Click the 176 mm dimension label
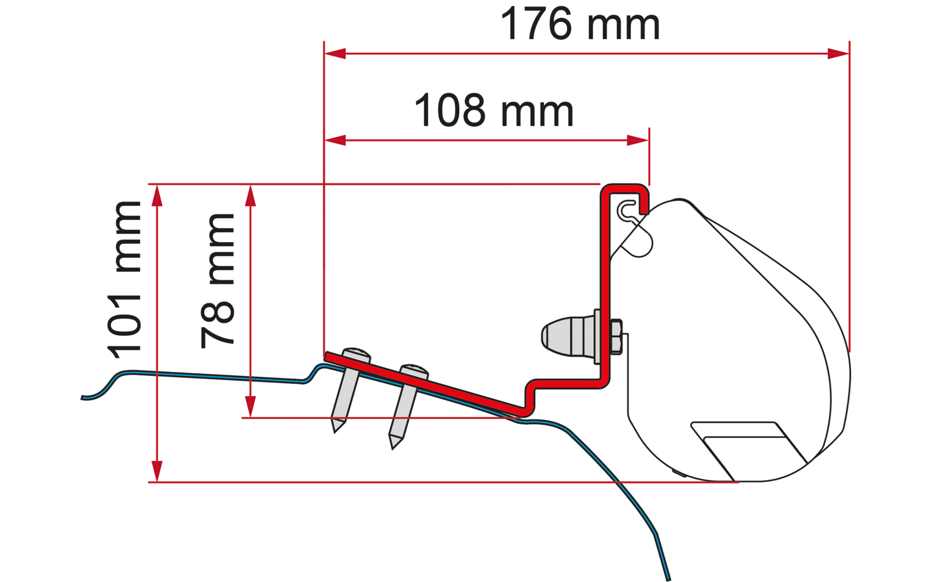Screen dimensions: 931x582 (x=580, y=24)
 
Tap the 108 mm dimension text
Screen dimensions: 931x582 (x=494, y=111)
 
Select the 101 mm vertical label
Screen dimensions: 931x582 (x=125, y=280)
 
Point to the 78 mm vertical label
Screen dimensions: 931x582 (x=218, y=281)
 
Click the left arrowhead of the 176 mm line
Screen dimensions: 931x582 (x=335, y=54)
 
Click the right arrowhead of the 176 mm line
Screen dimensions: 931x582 (x=838, y=54)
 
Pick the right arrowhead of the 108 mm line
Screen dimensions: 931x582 (x=638, y=140)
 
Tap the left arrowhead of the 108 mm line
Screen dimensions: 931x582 (x=335, y=140)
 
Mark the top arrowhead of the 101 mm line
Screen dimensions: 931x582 (x=157, y=196)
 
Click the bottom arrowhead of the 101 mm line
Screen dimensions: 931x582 (x=157, y=471)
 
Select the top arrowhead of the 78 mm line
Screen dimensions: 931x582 (x=250, y=196)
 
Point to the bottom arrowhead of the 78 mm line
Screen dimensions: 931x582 (x=250, y=407)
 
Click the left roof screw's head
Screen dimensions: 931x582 (x=356, y=354)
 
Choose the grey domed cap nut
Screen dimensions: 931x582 (x=568, y=336)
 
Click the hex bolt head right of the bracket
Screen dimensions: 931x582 (x=616, y=337)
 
